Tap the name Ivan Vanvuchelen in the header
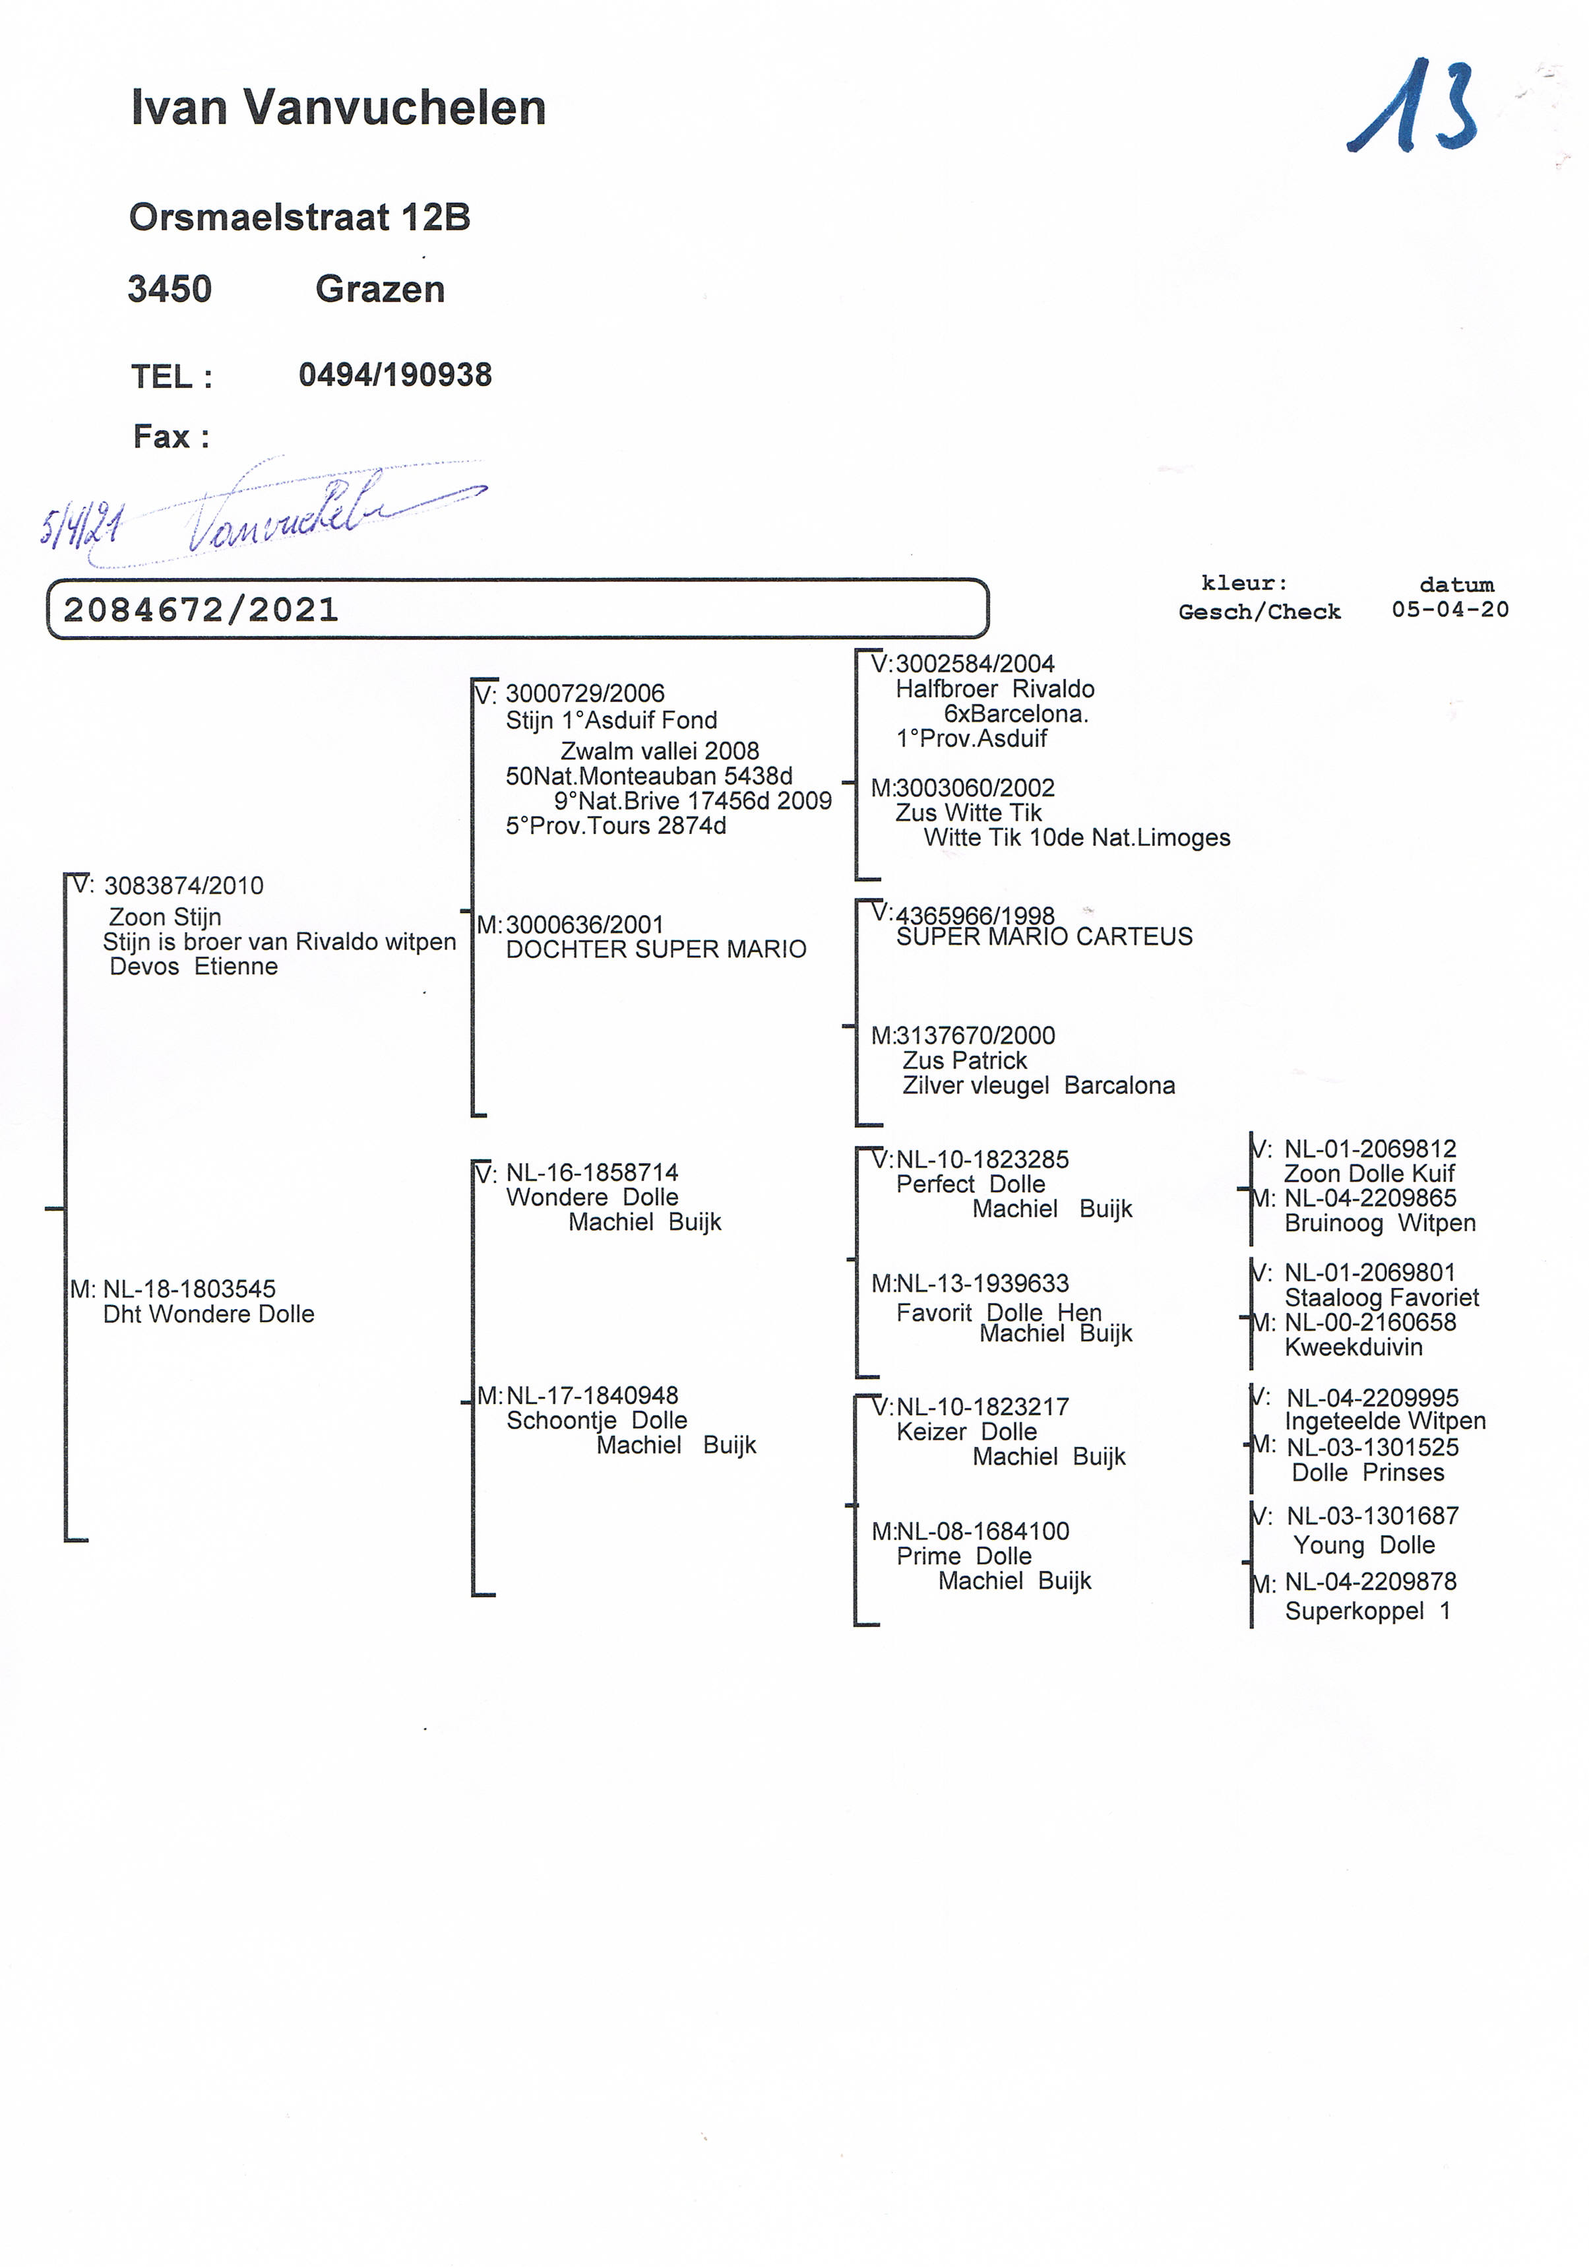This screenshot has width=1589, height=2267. [338, 108]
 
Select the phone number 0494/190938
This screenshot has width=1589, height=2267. [395, 375]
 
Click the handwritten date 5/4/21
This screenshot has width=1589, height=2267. [81, 525]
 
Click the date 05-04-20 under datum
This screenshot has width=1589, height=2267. [1450, 610]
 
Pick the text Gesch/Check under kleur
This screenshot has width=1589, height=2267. [1259, 612]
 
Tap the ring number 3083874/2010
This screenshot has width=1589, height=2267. [183, 885]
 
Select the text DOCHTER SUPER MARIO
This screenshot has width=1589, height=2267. [656, 950]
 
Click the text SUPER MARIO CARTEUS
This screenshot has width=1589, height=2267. [1044, 937]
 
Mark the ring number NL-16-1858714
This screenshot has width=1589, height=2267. [592, 1173]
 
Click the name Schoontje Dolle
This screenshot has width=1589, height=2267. [596, 1421]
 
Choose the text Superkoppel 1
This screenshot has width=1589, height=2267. [1367, 1611]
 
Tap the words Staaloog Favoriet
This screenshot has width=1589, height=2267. [1381, 1298]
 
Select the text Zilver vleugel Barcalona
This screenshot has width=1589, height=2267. [1038, 1086]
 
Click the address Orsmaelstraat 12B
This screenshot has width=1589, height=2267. [299, 217]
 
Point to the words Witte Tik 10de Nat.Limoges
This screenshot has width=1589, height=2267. [1076, 839]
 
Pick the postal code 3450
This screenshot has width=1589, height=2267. [170, 289]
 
